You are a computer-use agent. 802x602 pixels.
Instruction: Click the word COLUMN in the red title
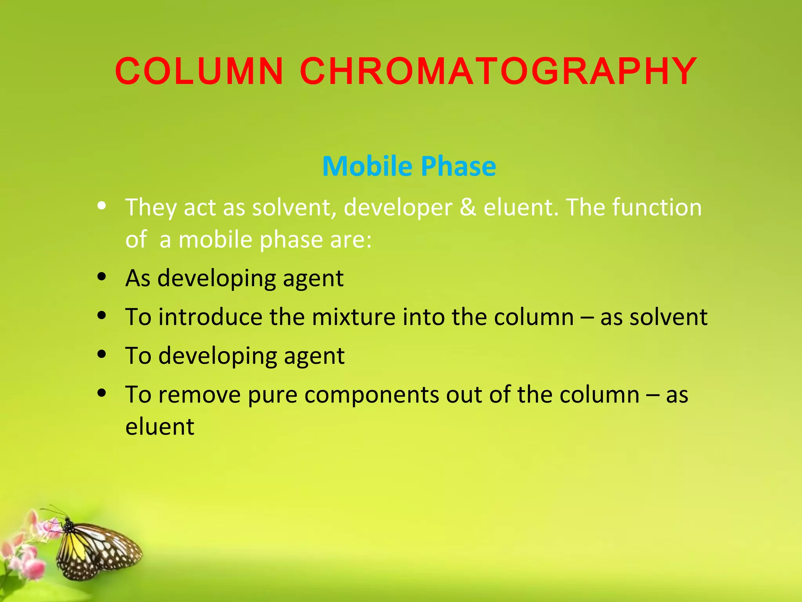click(199, 71)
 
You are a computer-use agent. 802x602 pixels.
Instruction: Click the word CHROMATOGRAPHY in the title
click(498, 71)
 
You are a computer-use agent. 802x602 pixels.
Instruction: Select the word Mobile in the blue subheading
click(367, 166)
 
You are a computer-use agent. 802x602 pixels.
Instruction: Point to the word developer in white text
click(398, 208)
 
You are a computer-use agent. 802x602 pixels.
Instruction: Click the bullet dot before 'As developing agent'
click(102, 277)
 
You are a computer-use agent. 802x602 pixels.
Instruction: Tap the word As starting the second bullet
click(138, 278)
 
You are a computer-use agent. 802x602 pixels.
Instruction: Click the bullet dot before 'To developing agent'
click(102, 354)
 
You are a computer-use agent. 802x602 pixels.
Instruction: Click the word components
click(372, 395)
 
